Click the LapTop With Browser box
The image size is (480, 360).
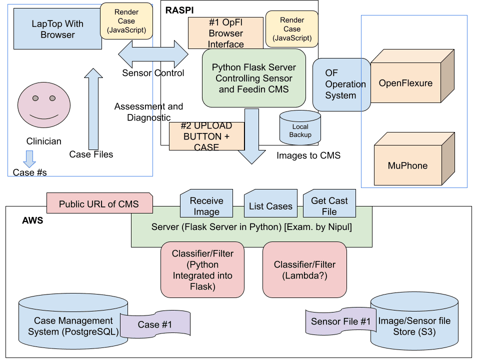pos(57,29)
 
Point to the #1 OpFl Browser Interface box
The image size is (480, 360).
pos(226,33)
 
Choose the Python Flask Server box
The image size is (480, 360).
pos(253,78)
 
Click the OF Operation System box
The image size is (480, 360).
pos(341,84)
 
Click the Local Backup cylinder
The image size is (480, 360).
pos(300,128)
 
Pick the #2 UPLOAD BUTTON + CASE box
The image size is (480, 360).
pos(206,136)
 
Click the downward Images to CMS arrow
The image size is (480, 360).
pos(251,136)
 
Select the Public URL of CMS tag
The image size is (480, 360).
pos(99,203)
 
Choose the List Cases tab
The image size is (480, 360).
pos(270,205)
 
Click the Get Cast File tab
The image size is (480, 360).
pos(329,204)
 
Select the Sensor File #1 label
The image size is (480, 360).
pos(340,321)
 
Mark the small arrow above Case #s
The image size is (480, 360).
pos(29,158)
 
